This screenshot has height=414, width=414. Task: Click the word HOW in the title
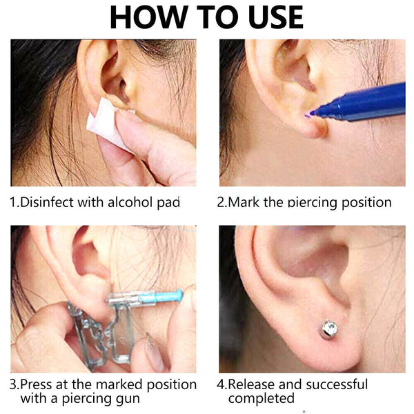(149, 18)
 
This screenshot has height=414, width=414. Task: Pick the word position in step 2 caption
(366, 203)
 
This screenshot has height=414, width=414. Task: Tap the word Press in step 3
(35, 384)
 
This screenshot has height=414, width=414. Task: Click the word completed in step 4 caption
(261, 399)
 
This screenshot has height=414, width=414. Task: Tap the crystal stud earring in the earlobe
(329, 328)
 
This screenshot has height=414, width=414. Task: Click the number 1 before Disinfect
(13, 202)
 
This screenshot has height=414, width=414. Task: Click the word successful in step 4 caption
(335, 384)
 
